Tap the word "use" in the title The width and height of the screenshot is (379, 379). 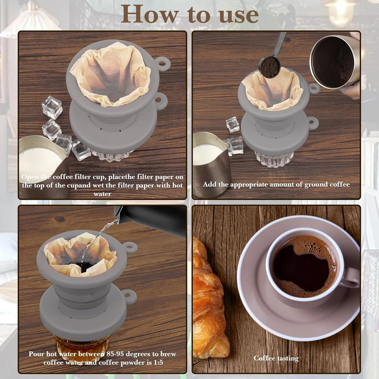pos(238,15)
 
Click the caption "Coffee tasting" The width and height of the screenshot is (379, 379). pos(276,358)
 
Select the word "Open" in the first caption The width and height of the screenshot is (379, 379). pos(30,177)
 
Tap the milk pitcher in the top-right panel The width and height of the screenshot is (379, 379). pos(211,164)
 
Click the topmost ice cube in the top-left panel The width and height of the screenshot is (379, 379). pos(52,107)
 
